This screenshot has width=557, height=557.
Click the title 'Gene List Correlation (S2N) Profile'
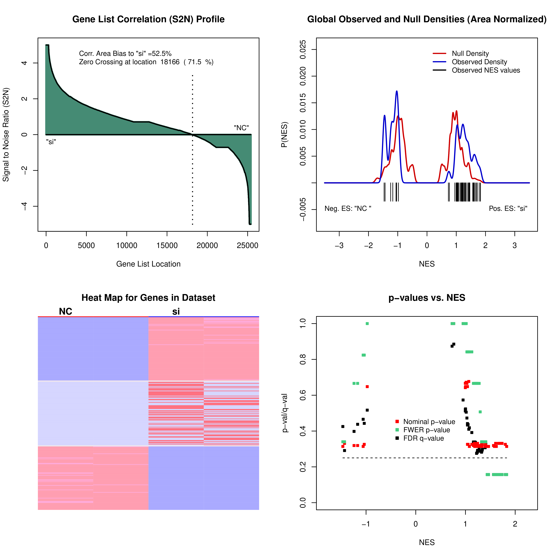pyautogui.click(x=148, y=19)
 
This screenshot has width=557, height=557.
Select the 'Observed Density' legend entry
pyautogui.click(x=479, y=62)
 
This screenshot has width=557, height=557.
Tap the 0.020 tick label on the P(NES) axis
pyautogui.click(x=303, y=76)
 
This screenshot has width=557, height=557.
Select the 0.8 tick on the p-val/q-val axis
pyautogui.click(x=303, y=359)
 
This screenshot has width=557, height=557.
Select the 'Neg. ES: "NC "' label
pyautogui.click(x=348, y=208)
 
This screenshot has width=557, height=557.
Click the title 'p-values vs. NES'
pyautogui.click(x=427, y=298)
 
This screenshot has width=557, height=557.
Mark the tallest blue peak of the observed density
pyautogui.click(x=397, y=91)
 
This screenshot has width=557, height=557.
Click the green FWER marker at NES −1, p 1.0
pyautogui.click(x=367, y=323)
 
